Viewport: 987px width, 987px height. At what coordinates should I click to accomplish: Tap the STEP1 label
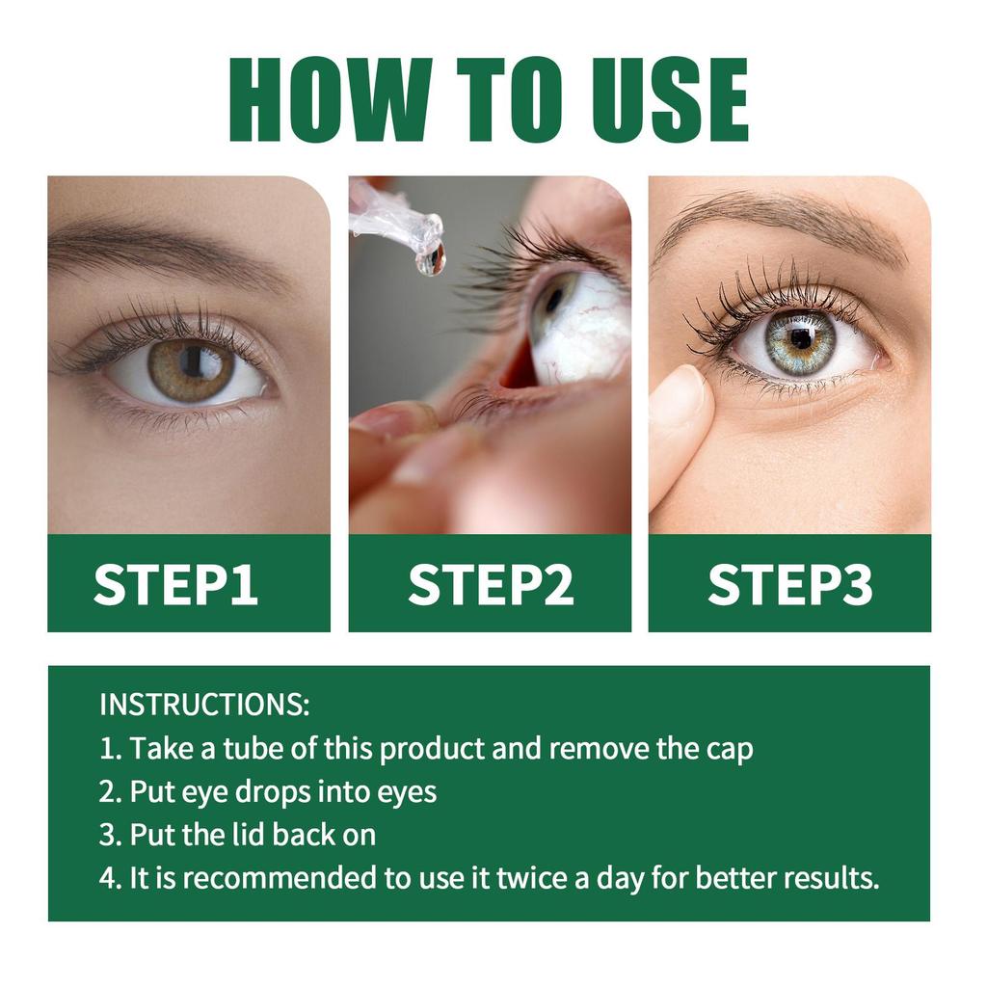pos(175,585)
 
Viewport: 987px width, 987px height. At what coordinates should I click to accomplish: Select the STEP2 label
pos(490,585)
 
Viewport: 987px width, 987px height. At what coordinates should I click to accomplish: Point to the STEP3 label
pos(790,585)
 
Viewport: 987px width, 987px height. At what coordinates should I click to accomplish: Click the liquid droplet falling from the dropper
pos(431,258)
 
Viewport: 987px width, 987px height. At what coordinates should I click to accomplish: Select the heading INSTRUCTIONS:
pos(204,705)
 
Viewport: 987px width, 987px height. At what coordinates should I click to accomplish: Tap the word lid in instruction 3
pos(250,835)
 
